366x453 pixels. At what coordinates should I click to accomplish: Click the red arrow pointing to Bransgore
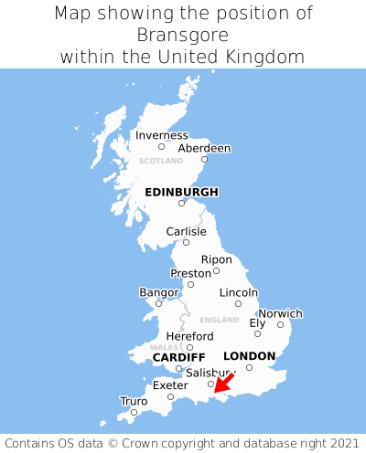(x=224, y=384)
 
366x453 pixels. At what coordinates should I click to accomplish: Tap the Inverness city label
(x=161, y=135)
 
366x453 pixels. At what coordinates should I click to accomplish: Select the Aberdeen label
(x=204, y=148)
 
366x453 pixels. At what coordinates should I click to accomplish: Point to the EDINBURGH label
(x=181, y=192)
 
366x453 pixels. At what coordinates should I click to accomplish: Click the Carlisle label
(x=186, y=231)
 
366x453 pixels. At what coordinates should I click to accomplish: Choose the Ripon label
(x=217, y=259)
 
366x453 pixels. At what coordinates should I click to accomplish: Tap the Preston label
(x=190, y=273)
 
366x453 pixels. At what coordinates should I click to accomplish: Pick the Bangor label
(x=158, y=292)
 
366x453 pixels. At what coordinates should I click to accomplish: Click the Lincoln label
(x=239, y=292)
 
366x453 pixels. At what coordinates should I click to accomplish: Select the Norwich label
(x=280, y=313)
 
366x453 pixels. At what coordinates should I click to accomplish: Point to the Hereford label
(x=189, y=336)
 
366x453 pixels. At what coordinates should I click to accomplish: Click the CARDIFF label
(x=179, y=357)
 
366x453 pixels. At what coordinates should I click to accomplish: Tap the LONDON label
(x=249, y=356)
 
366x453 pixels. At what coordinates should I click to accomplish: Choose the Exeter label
(x=169, y=385)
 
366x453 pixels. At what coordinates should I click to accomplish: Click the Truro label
(x=134, y=401)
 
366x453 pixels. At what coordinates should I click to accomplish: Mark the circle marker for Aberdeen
(x=205, y=160)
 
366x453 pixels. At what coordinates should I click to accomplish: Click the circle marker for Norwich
(x=281, y=324)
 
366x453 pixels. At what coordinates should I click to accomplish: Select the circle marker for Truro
(x=134, y=412)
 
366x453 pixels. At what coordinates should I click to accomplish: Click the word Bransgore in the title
(x=182, y=35)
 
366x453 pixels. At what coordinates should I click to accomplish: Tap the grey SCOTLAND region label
(x=160, y=161)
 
